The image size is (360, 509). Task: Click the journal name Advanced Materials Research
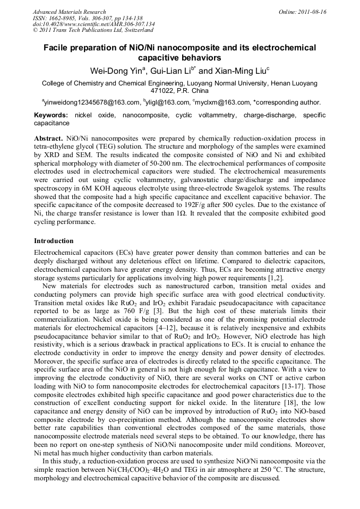click(69, 12)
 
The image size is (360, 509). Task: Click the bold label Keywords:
click(51, 115)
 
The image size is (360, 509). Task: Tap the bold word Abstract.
click(48, 138)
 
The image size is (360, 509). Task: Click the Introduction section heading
click(54, 240)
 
